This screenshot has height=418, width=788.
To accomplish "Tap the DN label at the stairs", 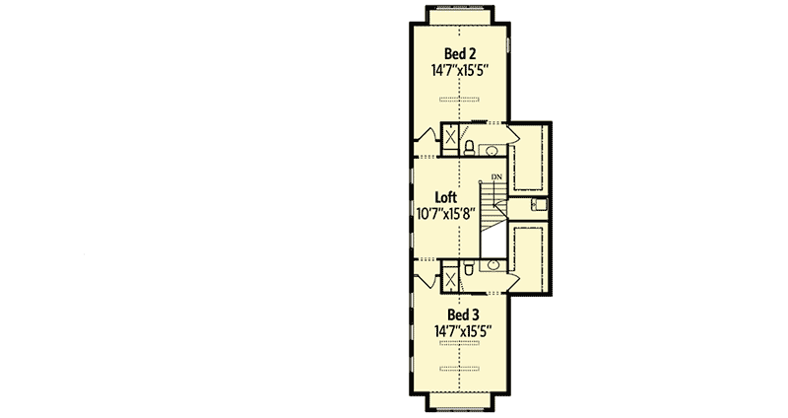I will click(x=496, y=177).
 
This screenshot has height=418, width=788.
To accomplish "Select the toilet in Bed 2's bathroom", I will click(x=470, y=149).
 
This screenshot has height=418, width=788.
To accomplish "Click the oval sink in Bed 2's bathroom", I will click(x=492, y=151).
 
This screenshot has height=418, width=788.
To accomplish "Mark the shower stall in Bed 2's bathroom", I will click(x=448, y=137).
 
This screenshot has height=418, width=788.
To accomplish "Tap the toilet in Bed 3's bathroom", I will click(x=470, y=266).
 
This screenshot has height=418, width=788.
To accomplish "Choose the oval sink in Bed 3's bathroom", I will click(x=492, y=265).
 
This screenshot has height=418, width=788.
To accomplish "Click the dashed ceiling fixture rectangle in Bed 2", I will click(x=459, y=99).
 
